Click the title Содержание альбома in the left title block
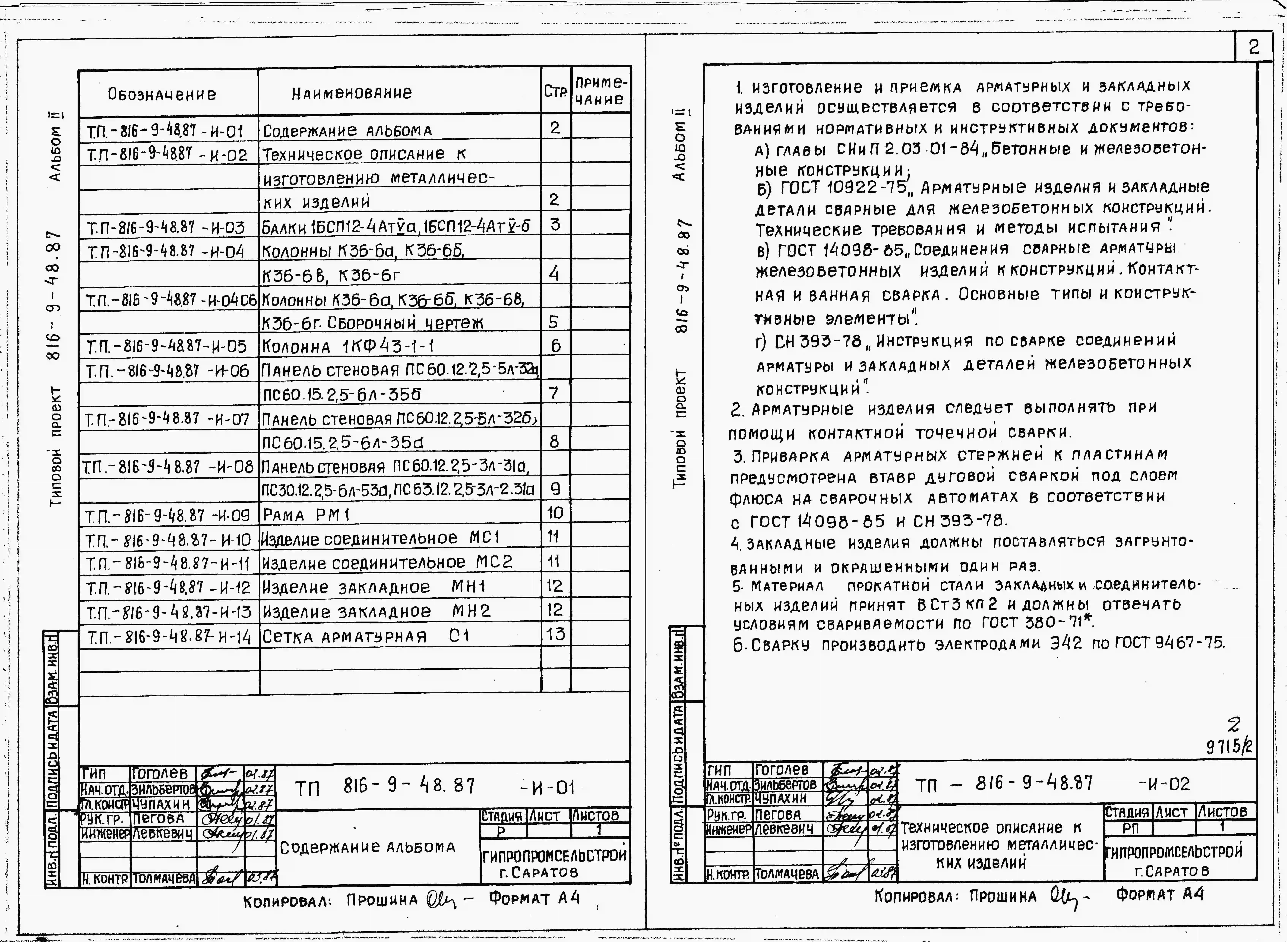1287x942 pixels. click(x=368, y=847)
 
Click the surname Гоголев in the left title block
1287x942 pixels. click(x=160, y=774)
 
